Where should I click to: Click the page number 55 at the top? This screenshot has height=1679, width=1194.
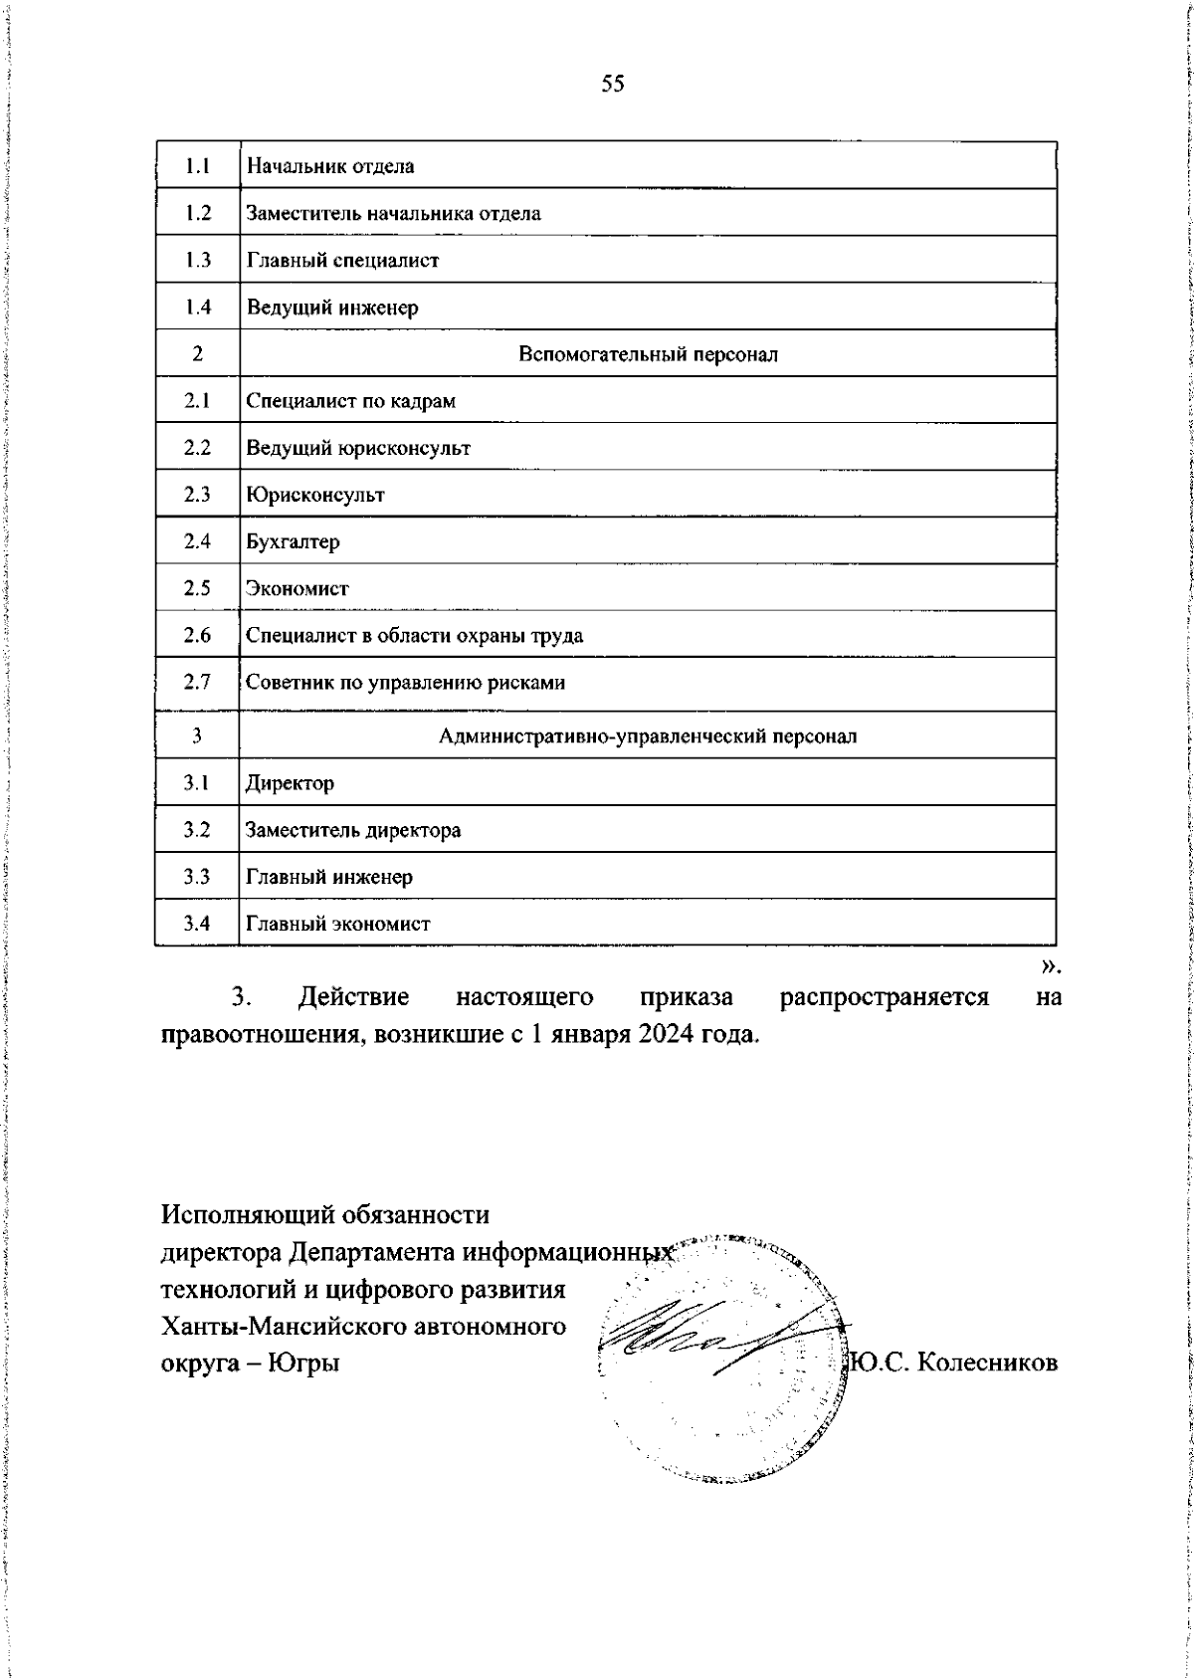click(613, 85)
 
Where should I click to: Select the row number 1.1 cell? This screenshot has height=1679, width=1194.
click(197, 166)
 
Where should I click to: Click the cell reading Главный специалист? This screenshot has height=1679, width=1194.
click(342, 261)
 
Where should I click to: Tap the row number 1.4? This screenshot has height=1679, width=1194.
click(197, 308)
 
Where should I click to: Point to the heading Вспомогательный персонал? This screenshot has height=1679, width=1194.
click(648, 354)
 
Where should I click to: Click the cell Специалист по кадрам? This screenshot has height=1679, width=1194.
click(350, 401)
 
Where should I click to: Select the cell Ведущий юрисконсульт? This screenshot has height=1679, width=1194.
click(357, 448)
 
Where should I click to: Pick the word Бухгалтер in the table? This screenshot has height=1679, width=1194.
click(293, 541)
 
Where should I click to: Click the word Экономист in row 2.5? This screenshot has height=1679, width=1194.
click(297, 588)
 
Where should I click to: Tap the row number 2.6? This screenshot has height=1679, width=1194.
click(197, 635)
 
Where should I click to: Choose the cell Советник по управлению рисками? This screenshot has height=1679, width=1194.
click(405, 683)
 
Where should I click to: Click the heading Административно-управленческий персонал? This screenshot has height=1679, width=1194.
click(648, 736)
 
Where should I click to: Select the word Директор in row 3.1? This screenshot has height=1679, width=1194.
click(290, 783)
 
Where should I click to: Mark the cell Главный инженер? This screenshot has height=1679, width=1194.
click(328, 877)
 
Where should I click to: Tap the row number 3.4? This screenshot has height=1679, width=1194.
click(197, 924)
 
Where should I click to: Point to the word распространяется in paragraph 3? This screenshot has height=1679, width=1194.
click(884, 997)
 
